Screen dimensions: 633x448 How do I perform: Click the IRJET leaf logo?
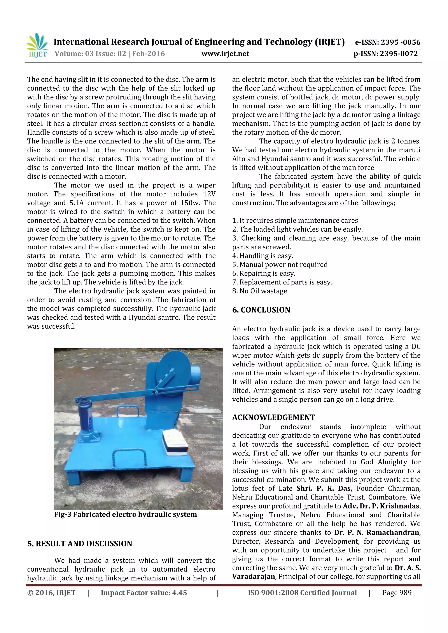click(x=37, y=45)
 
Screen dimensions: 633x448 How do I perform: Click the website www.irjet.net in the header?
click(x=225, y=54)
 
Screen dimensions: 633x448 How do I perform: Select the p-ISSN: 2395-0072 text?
click(x=386, y=54)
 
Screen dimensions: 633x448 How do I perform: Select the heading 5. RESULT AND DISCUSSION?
click(x=79, y=543)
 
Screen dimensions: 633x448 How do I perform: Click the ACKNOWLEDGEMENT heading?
click(x=273, y=417)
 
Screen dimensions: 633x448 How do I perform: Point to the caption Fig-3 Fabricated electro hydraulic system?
click(x=125, y=514)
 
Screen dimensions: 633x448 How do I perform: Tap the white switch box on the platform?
click(x=175, y=442)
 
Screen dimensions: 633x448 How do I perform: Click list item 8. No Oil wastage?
click(x=259, y=291)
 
